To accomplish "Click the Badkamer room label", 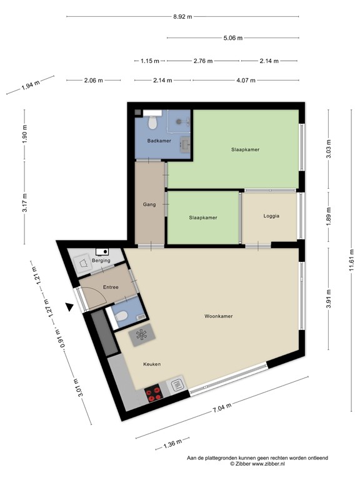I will click(159, 141).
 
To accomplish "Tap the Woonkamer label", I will click(219, 316).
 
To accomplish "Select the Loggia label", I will click(271, 216).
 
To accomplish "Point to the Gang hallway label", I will click(149, 204).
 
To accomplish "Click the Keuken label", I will click(152, 364).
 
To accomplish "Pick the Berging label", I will click(101, 260).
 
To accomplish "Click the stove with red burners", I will click(154, 393).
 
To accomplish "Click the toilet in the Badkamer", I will click(151, 123).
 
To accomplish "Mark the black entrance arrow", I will click(71, 307).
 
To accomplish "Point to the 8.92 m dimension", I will click(182, 17).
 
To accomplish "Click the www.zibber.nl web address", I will click(267, 464).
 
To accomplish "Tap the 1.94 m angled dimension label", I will click(30, 84).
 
